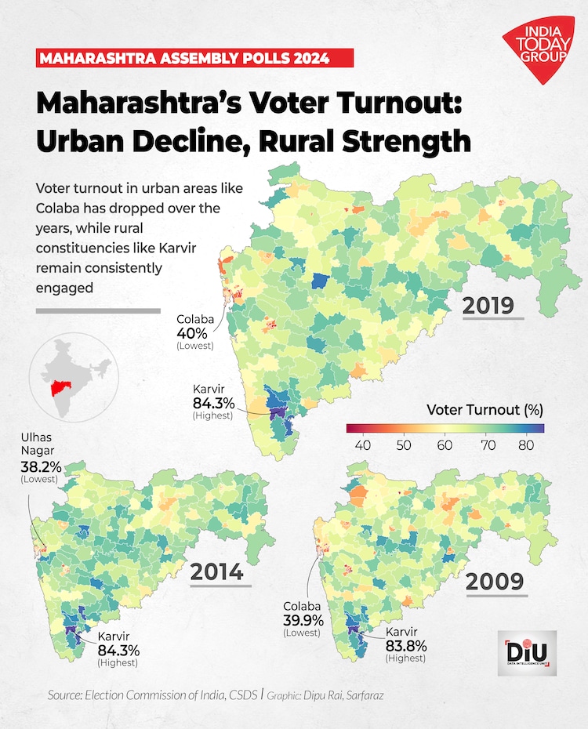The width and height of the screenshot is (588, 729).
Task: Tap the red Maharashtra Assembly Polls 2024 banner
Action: [x=195, y=58]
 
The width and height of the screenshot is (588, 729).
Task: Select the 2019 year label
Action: [x=487, y=304]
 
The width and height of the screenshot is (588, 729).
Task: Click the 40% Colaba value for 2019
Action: [x=193, y=332]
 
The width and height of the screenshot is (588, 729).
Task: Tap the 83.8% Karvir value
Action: [x=405, y=645]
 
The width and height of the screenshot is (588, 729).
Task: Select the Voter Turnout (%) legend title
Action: [x=485, y=409]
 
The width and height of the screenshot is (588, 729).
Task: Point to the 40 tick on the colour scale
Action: [x=363, y=445]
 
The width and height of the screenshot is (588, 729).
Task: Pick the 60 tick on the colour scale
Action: [x=445, y=445]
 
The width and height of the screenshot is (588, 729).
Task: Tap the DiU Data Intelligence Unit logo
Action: [x=527, y=650]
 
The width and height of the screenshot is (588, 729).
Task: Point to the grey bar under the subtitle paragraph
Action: [x=98, y=311]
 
